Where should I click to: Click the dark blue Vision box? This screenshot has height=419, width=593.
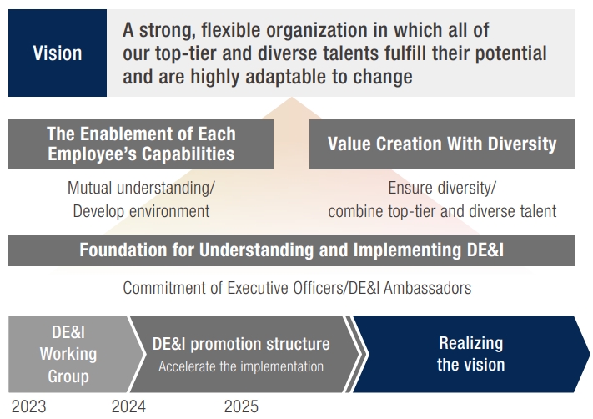(58, 53)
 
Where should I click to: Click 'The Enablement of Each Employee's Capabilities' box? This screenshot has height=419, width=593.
(141, 144)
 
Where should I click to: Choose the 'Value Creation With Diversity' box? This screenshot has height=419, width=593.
(441, 144)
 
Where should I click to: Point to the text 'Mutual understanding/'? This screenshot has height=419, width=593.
(141, 188)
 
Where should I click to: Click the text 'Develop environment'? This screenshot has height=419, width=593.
(141, 210)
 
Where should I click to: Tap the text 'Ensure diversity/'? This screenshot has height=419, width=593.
(442, 188)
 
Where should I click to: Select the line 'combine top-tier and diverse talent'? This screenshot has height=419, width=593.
(442, 210)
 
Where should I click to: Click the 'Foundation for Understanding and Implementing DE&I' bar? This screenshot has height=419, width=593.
(291, 250)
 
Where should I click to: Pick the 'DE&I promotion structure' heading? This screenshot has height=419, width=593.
(241, 344)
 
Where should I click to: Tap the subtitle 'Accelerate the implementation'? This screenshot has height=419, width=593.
(241, 366)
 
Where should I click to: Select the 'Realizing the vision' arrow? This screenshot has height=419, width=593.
(470, 354)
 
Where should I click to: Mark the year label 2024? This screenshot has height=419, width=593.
(128, 406)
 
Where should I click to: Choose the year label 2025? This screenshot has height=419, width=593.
(241, 406)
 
